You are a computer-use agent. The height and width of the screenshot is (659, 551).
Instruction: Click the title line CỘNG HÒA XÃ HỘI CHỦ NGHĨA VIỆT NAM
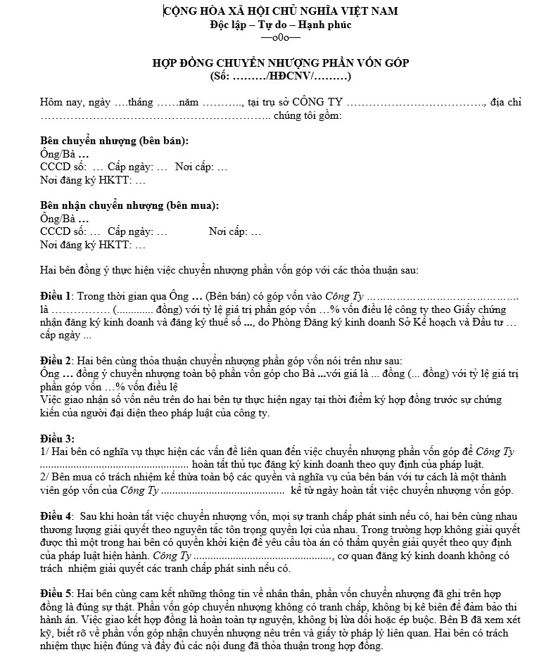(x=280, y=11)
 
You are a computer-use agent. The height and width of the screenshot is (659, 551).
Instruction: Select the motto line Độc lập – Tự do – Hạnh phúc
(x=280, y=25)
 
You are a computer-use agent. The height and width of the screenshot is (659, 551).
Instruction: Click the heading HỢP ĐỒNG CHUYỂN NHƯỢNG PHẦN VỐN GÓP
(x=280, y=63)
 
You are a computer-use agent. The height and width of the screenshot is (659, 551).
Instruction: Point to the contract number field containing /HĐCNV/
(x=280, y=76)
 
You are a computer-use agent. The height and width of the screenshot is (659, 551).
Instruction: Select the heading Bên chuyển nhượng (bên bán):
(x=114, y=141)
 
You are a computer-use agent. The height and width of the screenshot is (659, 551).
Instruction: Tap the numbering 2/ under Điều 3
(x=44, y=478)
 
